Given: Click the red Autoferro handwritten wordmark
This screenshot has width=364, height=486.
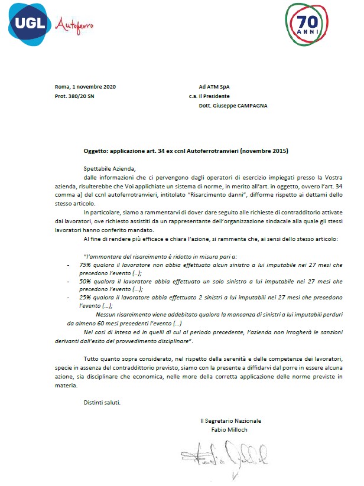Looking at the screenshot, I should [74, 25].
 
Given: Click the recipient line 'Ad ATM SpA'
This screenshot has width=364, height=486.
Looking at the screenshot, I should [214, 87].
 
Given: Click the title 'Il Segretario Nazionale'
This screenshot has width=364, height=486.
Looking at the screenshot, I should [230, 420].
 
